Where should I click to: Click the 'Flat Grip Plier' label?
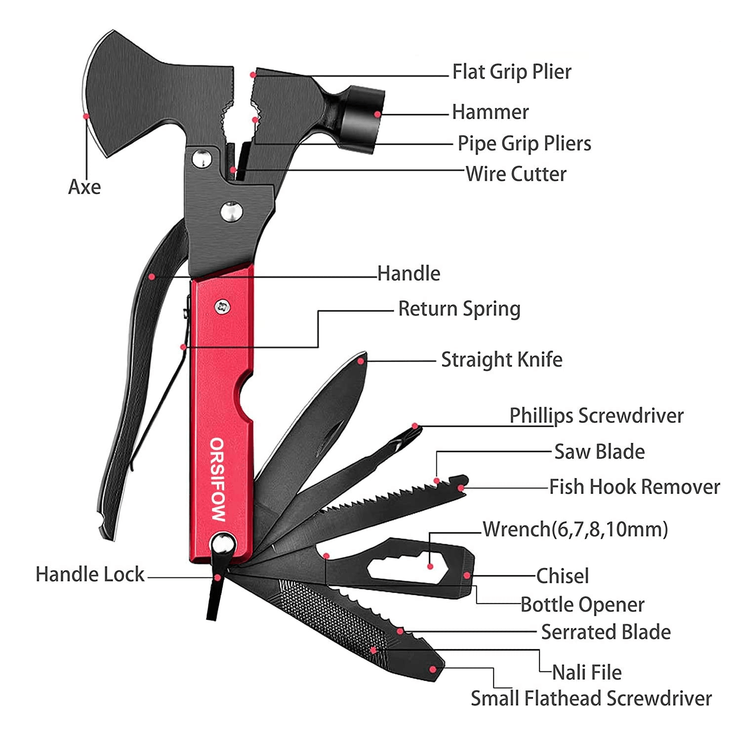[x=512, y=72]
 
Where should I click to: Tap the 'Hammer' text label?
[x=490, y=113]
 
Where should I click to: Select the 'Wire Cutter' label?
[x=516, y=174]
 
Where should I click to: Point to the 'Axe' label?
[x=84, y=187]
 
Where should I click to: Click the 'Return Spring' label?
[x=459, y=309]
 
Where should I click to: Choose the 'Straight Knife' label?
[x=501, y=360]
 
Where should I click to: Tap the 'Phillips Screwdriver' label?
[x=596, y=416]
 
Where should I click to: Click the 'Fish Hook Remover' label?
[x=634, y=487]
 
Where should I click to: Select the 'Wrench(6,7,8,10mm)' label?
[x=575, y=529]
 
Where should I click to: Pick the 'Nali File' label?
[x=586, y=673]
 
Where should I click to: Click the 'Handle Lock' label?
[x=90, y=575]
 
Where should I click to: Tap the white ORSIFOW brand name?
[x=218, y=479]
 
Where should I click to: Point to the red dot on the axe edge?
[x=86, y=117]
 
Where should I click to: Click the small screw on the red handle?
[x=223, y=307]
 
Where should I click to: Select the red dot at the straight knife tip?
[x=361, y=362]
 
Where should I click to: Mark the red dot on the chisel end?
[x=466, y=575]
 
